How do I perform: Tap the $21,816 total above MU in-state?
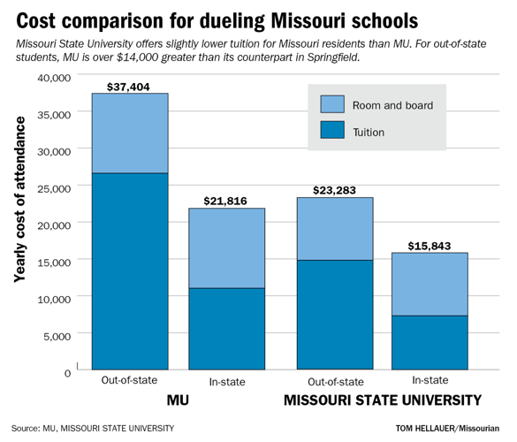pyautogui.click(x=227, y=201)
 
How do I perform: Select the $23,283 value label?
pyautogui.click(x=334, y=189)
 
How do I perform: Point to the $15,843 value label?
pyautogui.click(x=429, y=245)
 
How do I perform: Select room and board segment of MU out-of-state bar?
pyautogui.click(x=130, y=133)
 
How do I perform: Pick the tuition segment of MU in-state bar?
pyautogui.click(x=227, y=328)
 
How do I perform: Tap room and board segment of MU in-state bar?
pyautogui.click(x=227, y=248)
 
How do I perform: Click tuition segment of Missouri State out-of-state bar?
pyautogui.click(x=334, y=314)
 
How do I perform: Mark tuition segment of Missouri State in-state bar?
pyautogui.click(x=429, y=342)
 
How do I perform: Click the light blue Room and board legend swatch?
pyautogui.click(x=331, y=104)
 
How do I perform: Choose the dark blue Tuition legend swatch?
pyautogui.click(x=331, y=132)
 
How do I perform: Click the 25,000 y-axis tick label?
pyautogui.click(x=53, y=187)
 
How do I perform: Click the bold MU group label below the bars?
pyautogui.click(x=179, y=400)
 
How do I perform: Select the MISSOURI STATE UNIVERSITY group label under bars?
pyautogui.click(x=382, y=400)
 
